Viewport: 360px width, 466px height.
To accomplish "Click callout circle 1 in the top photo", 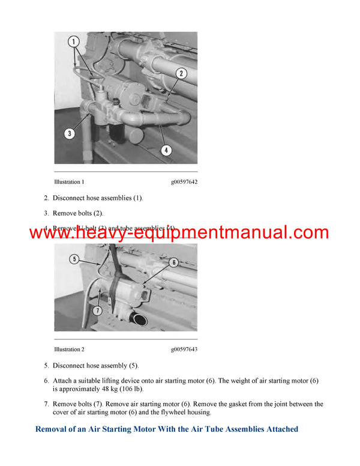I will click(74, 43).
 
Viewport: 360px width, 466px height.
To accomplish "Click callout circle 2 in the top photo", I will click(181, 73).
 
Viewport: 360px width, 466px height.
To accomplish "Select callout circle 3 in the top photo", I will click(70, 133).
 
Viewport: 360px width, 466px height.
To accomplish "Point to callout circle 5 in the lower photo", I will click(74, 259).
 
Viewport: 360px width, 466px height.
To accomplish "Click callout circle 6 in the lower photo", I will click(173, 262).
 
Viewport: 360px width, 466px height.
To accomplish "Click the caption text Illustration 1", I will click(69, 181).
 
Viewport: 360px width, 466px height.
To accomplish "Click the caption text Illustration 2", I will click(69, 349).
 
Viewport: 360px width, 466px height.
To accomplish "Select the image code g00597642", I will click(184, 181).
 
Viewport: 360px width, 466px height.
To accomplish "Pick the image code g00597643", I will click(184, 349).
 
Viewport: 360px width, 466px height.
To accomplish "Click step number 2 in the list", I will click(46, 198).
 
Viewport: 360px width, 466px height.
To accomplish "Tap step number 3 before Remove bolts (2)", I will click(46, 213).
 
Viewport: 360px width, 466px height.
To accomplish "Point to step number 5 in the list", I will click(46, 365).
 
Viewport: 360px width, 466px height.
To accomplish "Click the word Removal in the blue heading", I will click(55, 429).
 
